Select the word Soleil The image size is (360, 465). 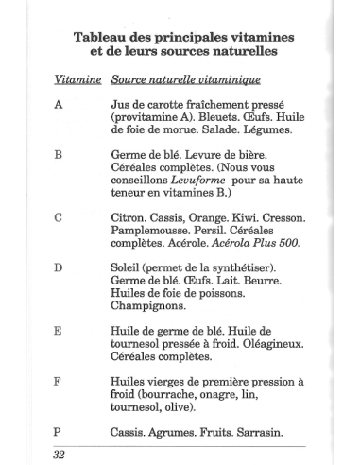(x=129, y=267)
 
